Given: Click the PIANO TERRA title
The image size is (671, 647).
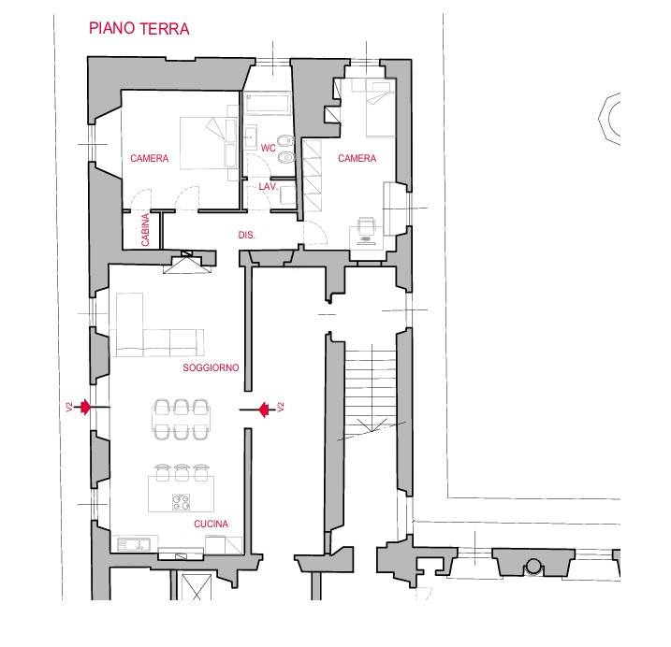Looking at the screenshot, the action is [x=139, y=29].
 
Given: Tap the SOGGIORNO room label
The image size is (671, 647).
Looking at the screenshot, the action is [x=211, y=367].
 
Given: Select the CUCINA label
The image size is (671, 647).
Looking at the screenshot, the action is [x=211, y=524].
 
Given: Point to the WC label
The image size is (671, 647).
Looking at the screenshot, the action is [x=269, y=148].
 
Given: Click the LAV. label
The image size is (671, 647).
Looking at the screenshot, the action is [x=269, y=186].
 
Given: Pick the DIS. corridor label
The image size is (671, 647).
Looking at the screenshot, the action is [x=246, y=235].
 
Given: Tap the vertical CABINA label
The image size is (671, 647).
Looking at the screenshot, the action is [x=145, y=230].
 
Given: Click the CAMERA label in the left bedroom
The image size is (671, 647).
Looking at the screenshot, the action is [x=150, y=158].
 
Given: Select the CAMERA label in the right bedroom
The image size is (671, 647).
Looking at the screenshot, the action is [x=357, y=158].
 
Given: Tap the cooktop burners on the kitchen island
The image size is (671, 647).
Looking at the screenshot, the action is [x=181, y=502].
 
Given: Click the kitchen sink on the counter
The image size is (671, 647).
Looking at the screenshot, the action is [x=134, y=544].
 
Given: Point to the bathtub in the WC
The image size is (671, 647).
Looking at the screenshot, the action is [x=267, y=103].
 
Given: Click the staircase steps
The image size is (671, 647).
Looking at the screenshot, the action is [x=371, y=390].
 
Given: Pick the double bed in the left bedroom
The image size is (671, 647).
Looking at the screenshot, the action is [x=209, y=143].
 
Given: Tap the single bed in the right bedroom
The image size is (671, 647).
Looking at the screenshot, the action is [x=380, y=108].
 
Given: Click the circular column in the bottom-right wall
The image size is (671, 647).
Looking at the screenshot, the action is [x=533, y=567].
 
